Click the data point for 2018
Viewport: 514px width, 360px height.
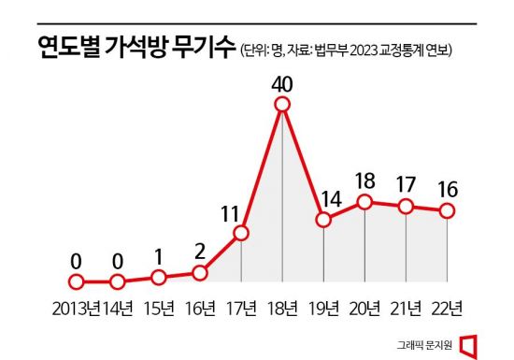coord(282,106)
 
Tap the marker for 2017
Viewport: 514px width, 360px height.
coord(241,233)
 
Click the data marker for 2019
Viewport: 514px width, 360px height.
coord(323,221)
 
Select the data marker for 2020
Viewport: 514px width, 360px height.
coord(364,201)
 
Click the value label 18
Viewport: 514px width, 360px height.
coord(365,180)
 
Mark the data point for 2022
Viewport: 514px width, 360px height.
coord(447,210)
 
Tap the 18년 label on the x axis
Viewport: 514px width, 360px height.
coord(282,308)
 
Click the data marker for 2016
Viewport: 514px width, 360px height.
coord(199,272)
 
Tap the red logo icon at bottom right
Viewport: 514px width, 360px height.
coord(468,344)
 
